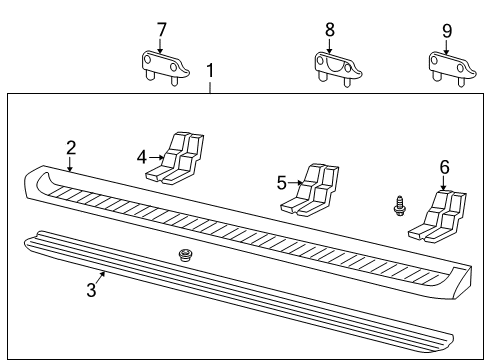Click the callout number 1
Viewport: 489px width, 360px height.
(210, 71)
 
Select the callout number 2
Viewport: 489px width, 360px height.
(71, 148)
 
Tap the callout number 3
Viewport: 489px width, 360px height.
(91, 290)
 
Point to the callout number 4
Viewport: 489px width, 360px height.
(142, 155)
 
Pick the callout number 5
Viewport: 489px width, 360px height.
(282, 182)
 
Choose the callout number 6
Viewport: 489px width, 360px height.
(444, 168)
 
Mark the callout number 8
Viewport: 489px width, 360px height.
(330, 29)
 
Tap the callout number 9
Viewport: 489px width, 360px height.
(446, 29)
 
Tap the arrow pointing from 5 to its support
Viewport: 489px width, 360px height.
(295, 182)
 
